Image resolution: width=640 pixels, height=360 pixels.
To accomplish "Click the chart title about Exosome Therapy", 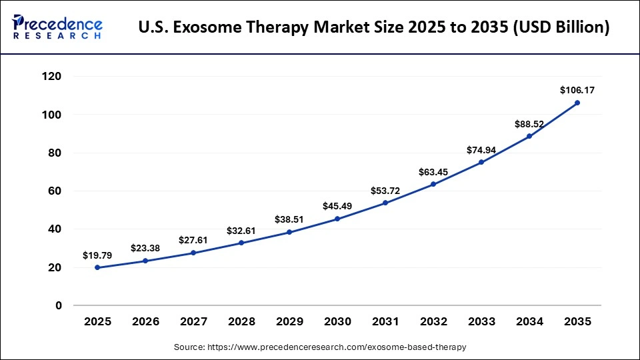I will pyautogui.click(x=373, y=28).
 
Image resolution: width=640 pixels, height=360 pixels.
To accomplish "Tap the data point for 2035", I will pyautogui.click(x=577, y=103).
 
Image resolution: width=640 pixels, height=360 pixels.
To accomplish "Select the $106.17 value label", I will pyautogui.click(x=577, y=89).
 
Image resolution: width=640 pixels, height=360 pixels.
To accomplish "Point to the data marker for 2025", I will pyautogui.click(x=97, y=267).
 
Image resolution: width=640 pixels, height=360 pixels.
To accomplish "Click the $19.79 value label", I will pyautogui.click(x=97, y=255).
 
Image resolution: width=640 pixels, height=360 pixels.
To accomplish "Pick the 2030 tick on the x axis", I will pyautogui.click(x=337, y=321).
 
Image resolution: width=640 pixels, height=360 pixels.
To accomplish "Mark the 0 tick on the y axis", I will pyautogui.click(x=59, y=305).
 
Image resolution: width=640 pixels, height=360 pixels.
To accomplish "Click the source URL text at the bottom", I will pyautogui.click(x=319, y=347).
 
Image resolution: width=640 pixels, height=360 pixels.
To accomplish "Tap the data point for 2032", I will pyautogui.click(x=433, y=184).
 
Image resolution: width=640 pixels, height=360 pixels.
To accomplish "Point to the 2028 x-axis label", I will pyautogui.click(x=241, y=321).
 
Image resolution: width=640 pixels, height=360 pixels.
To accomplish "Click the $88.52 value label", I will pyautogui.click(x=529, y=123).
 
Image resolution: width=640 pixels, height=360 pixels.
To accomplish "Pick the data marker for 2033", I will pyautogui.click(x=481, y=162).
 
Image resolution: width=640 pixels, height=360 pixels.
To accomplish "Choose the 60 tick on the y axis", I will pyautogui.click(x=55, y=191).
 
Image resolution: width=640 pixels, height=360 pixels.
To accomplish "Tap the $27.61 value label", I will pyautogui.click(x=193, y=240).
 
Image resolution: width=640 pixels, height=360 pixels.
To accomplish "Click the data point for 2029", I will pyautogui.click(x=289, y=232).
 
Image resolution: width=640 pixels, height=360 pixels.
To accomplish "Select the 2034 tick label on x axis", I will pyautogui.click(x=529, y=321).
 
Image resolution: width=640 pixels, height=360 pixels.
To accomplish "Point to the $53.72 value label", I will pyautogui.click(x=385, y=191).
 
